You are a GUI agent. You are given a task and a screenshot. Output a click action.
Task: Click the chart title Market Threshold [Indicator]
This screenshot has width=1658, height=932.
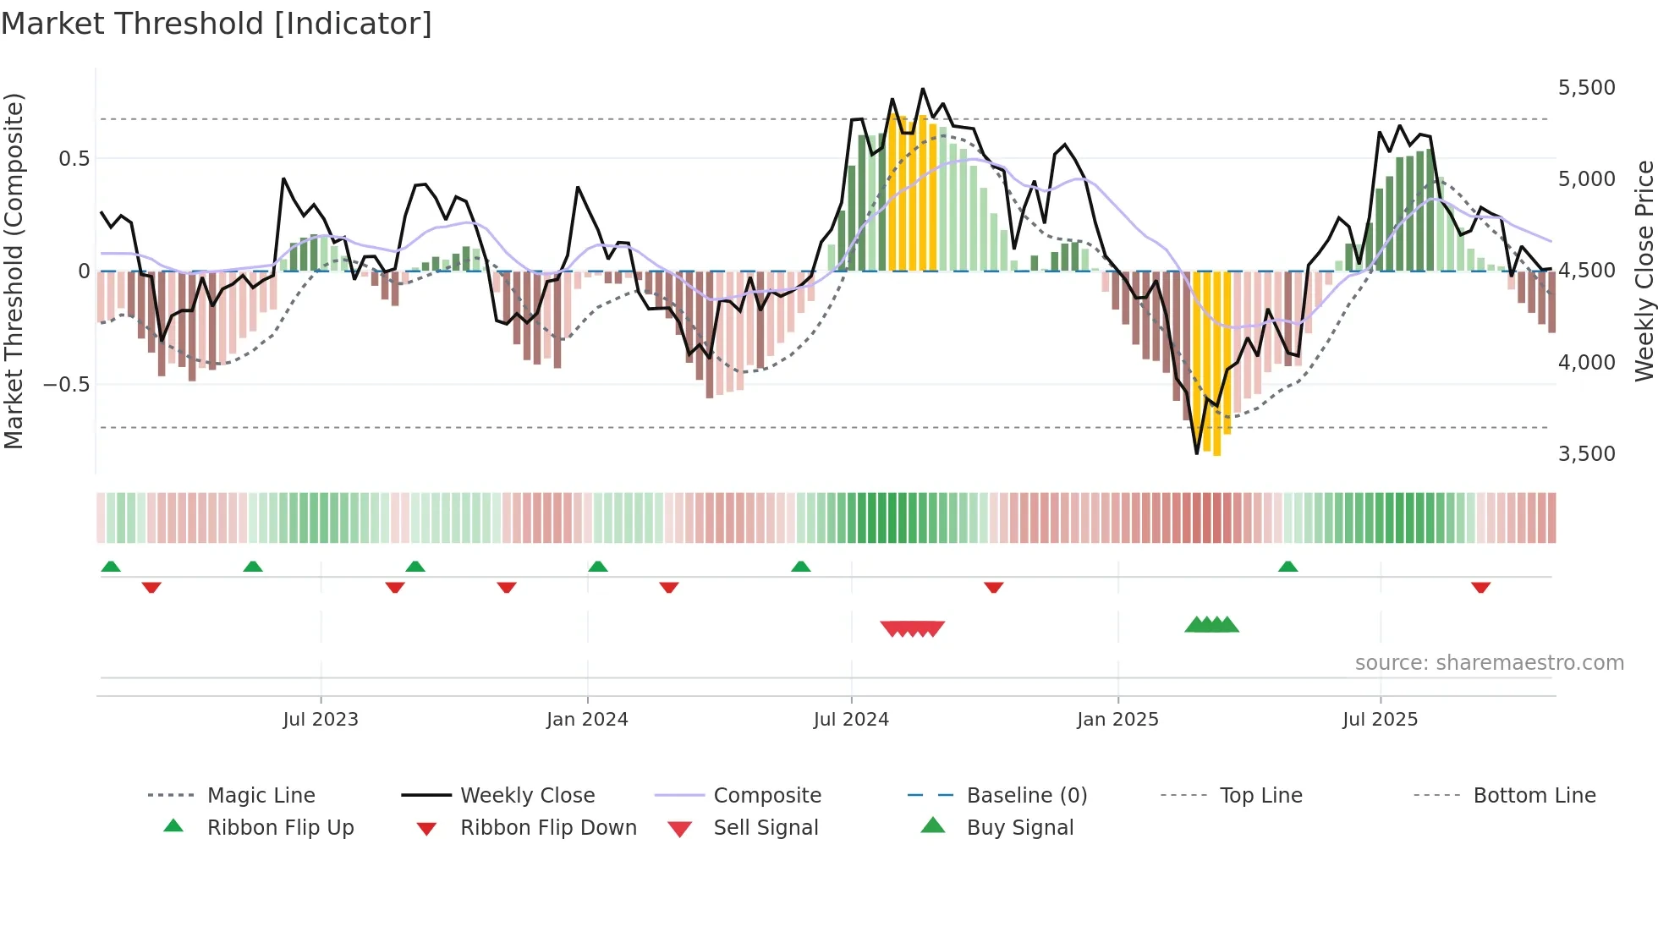pos(217,24)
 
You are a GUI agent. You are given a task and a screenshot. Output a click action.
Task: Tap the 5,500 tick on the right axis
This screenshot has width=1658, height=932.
pos(1586,88)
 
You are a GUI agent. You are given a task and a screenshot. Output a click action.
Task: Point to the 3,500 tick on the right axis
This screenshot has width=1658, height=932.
pos(1586,454)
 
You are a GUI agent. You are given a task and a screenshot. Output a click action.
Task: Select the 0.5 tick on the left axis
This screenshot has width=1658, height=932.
pos(74,159)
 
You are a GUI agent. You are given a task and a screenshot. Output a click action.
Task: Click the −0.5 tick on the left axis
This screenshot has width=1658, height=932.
pos(66,385)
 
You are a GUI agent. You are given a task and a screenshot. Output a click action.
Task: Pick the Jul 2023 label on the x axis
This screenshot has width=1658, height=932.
pos(321,720)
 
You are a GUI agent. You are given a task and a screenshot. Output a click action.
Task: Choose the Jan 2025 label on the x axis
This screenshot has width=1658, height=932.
pos(1117,720)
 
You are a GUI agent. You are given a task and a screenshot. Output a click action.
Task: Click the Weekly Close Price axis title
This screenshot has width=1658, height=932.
pos(1644,271)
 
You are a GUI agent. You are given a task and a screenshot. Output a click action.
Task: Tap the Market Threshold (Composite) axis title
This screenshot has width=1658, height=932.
pos(14,271)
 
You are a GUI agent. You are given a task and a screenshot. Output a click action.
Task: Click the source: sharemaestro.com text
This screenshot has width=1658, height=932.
pos(1489,663)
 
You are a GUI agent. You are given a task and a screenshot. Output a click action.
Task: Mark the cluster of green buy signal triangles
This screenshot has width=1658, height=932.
pos(1211,625)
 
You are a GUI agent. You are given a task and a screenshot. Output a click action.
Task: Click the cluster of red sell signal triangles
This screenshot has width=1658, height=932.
pos(912,628)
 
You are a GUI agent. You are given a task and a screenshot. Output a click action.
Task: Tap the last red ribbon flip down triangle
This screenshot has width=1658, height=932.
pos(1480,587)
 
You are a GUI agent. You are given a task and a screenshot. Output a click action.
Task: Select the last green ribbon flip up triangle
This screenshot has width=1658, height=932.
pos(1287,567)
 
